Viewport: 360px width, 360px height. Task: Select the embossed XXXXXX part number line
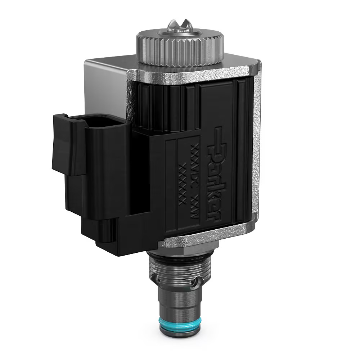coord(182,184)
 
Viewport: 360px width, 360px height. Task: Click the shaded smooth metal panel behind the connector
coord(104,86)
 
